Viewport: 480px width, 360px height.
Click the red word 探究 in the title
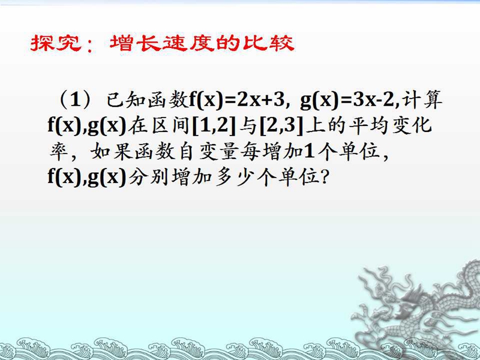[56, 43]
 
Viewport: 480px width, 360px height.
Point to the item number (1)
[74, 100]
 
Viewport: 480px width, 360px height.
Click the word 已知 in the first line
[126, 100]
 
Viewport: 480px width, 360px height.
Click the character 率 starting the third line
[59, 152]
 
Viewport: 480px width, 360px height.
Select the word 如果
[112, 152]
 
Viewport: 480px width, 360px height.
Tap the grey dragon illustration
[416, 309]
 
